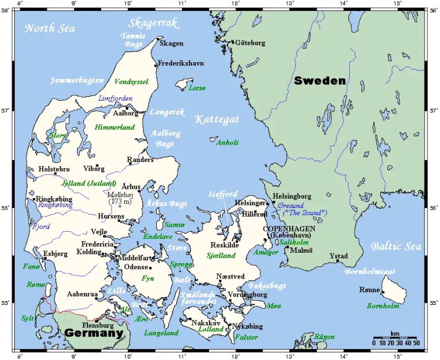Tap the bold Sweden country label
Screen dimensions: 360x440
pos(320,81)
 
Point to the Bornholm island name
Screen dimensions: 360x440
pos(383,306)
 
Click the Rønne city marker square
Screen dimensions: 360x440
pos(383,292)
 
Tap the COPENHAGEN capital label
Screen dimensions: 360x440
pos(289,228)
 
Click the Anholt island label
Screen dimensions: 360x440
pos(228,142)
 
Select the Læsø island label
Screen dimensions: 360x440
pos(196,88)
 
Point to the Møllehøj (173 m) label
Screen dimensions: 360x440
pos(122,198)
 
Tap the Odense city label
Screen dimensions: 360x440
pos(136,267)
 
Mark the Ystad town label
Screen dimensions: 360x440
pos(339,255)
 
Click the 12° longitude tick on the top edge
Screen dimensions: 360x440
pos(235,4)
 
